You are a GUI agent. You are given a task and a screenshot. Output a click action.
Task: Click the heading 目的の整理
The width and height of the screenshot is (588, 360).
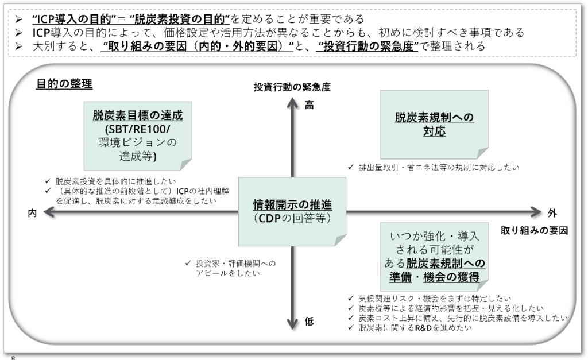click(64, 84)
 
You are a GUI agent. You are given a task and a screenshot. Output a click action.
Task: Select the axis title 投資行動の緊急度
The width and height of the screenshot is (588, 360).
click(292, 87)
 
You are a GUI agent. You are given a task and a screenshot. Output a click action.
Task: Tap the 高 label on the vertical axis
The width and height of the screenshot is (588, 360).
click(310, 105)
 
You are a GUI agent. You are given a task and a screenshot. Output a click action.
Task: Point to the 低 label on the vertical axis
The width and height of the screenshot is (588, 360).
click(310, 322)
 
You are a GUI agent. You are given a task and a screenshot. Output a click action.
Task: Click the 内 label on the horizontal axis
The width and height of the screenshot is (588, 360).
click(33, 213)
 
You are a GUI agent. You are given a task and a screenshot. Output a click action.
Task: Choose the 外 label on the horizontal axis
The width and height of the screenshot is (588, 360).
click(552, 213)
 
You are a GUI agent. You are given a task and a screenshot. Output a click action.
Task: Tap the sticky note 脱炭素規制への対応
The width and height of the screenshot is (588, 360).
click(434, 124)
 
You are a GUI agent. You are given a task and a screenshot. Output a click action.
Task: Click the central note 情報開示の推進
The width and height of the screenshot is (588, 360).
click(292, 211)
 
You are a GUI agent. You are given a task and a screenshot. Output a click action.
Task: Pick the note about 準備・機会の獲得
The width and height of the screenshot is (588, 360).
click(434, 256)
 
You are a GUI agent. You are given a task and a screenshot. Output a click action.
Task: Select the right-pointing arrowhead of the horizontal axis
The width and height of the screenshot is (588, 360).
click(536, 212)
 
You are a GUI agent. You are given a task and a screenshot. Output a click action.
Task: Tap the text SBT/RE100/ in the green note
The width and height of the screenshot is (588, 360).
click(138, 129)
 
